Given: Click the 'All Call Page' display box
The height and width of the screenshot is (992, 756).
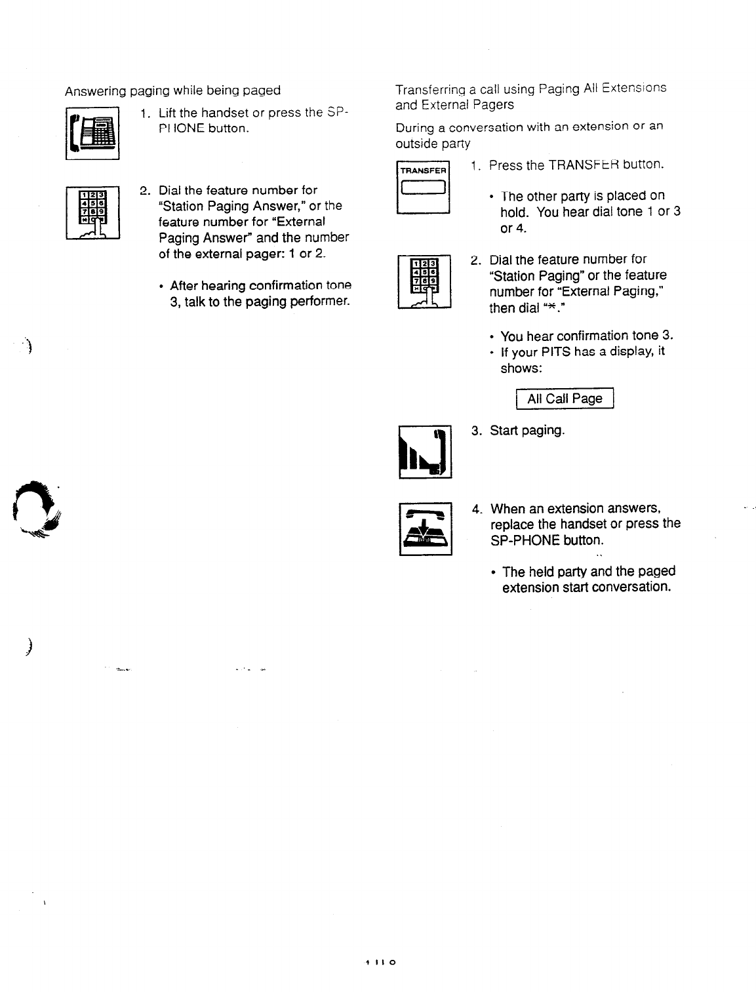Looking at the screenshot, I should [x=564, y=399].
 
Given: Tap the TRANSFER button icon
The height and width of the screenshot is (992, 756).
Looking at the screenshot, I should [x=423, y=187].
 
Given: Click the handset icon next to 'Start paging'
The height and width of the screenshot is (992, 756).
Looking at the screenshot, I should [x=425, y=452].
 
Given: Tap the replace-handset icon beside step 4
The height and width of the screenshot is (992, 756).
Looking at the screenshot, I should [x=426, y=527].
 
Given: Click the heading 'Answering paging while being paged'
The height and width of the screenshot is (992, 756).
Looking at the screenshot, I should [x=172, y=90].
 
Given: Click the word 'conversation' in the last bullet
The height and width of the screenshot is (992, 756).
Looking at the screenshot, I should [x=632, y=587].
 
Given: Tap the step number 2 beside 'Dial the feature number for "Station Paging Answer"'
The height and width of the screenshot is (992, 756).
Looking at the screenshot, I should [x=144, y=191].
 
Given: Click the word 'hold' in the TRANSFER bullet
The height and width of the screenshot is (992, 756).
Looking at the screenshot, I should [x=515, y=212].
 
